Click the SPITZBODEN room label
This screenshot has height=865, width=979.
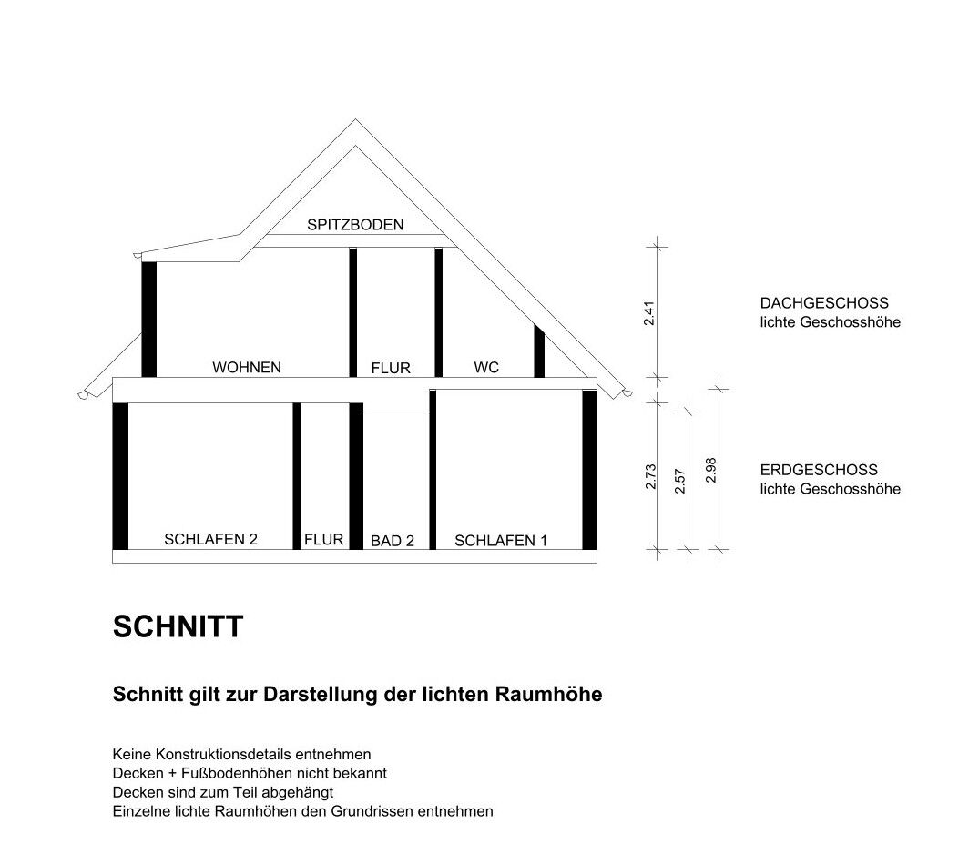tap(355, 225)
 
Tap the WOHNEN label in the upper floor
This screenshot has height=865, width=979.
tap(247, 367)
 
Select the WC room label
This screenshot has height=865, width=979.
tap(486, 367)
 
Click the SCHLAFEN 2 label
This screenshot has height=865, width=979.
tap(210, 539)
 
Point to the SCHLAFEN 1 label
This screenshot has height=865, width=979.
tap(501, 541)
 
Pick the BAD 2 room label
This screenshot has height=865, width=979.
tap(393, 541)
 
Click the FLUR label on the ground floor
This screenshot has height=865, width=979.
tap(323, 539)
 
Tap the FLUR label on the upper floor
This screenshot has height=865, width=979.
tap(391, 368)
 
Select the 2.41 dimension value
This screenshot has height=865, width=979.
tap(649, 313)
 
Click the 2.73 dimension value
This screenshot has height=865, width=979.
tap(650, 476)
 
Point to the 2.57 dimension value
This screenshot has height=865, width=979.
tap(680, 481)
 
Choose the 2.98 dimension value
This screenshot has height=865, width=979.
tap(710, 470)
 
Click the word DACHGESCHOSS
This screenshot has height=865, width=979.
tap(824, 302)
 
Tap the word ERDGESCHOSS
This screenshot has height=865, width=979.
tap(819, 469)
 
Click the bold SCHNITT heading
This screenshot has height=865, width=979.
tap(178, 626)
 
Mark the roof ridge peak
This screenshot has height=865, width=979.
tap(355, 119)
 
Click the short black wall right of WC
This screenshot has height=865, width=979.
tap(539, 351)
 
